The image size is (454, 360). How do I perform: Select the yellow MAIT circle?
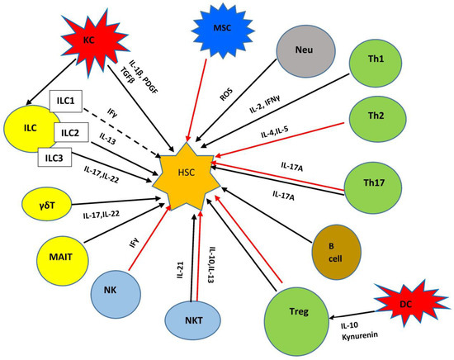pos(64,256)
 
